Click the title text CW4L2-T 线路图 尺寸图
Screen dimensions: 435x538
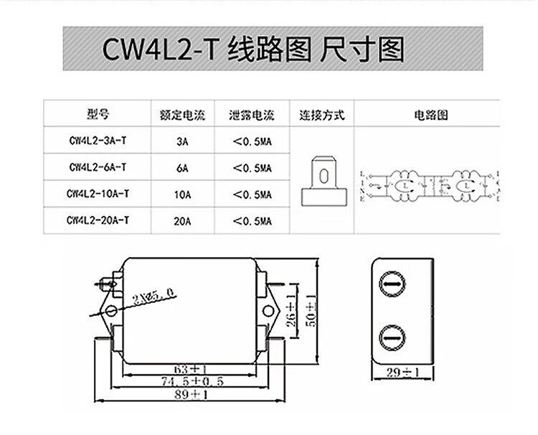coord(254,50)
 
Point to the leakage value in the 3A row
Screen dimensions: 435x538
coord(252,142)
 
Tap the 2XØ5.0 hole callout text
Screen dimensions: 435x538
coord(153,295)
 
